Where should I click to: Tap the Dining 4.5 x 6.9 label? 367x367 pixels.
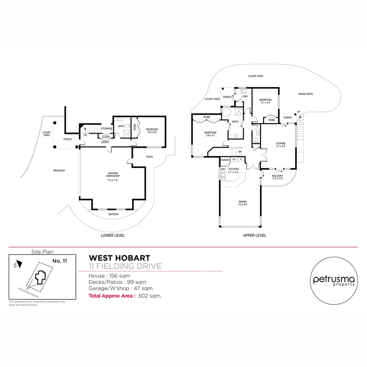(x=242, y=203)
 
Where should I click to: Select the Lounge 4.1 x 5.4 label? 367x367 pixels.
(x=281, y=145)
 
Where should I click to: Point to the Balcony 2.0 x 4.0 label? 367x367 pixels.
(x=277, y=177)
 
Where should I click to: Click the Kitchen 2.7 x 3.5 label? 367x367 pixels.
(x=234, y=171)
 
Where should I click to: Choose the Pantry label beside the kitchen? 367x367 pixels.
(x=225, y=160)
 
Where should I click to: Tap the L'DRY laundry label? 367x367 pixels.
(x=244, y=97)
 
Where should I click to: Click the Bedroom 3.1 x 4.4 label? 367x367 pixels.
(x=265, y=101)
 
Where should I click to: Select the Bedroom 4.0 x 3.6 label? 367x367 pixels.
(x=152, y=130)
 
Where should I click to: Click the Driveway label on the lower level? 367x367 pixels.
(x=59, y=171)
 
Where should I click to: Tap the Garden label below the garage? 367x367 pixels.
(x=113, y=214)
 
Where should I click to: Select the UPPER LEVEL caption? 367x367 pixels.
(x=254, y=235)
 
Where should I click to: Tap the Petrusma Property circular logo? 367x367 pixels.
(x=333, y=280)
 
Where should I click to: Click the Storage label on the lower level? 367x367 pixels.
(x=106, y=128)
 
